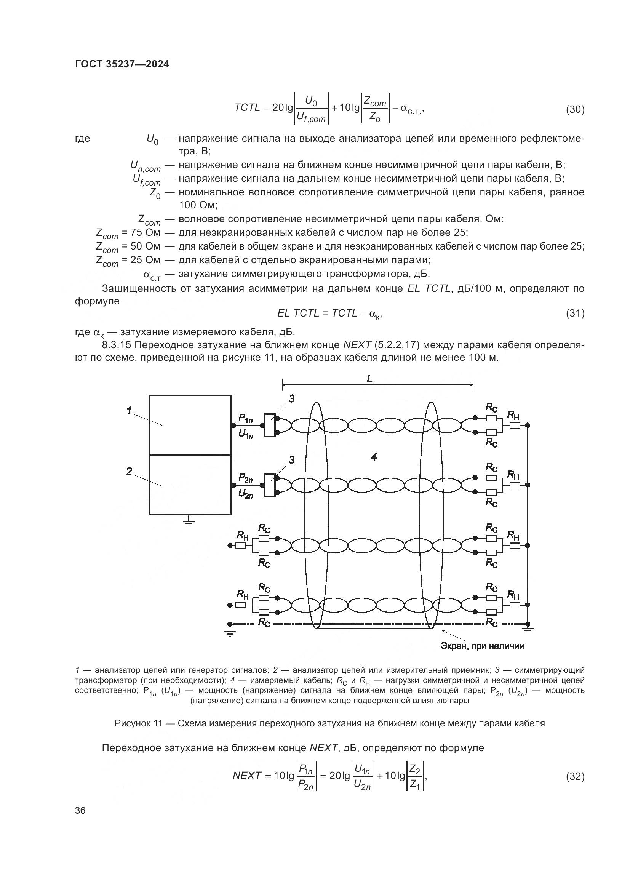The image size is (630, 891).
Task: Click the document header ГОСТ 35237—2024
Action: [122, 64]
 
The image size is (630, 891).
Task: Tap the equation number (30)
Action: [575, 110]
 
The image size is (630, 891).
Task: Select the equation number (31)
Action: [575, 313]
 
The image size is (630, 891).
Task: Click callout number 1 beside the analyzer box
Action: [129, 410]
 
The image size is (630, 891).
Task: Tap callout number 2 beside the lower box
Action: [129, 472]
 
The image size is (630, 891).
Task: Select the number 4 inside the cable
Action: [374, 457]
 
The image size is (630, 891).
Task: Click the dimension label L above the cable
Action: [369, 379]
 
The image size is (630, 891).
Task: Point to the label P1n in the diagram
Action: [246, 418]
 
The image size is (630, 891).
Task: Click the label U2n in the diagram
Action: [246, 494]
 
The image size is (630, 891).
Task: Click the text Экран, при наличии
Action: [482, 646]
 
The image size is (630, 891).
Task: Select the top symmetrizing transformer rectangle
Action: [270, 426]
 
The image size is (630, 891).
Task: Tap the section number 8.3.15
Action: [116, 345]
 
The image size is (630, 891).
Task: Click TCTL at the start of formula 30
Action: [247, 107]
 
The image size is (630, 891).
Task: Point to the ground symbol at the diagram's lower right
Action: [527, 630]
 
